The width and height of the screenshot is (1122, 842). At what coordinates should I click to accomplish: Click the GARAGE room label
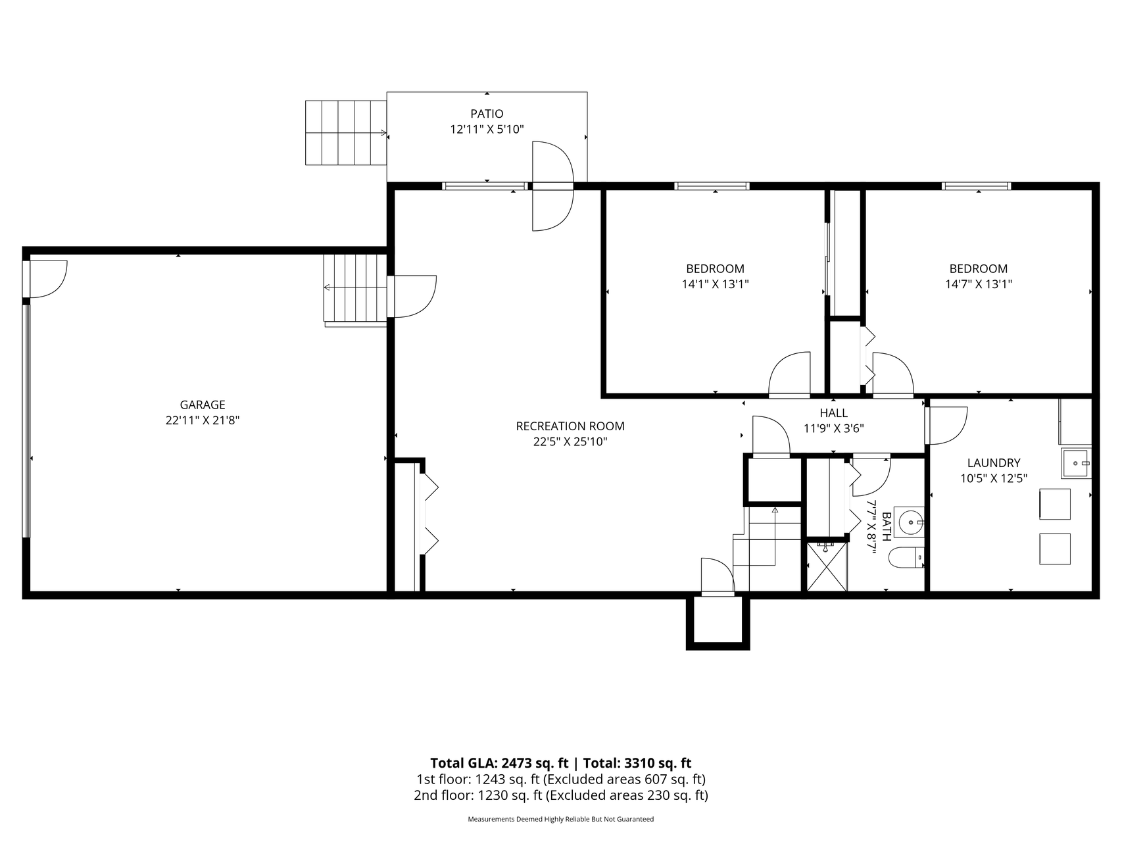(203, 405)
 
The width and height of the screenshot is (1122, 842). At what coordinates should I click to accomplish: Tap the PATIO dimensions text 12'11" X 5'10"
(487, 130)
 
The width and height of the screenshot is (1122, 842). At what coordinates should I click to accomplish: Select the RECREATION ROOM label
(570, 426)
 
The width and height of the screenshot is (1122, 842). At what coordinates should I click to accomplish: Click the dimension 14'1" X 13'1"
(715, 284)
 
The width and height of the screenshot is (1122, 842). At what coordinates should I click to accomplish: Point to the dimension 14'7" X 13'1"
(978, 284)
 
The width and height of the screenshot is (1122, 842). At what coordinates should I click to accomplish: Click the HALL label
(833, 413)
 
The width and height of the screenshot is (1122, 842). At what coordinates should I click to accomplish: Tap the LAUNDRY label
(993, 463)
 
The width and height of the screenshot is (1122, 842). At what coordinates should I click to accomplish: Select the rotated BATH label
(886, 526)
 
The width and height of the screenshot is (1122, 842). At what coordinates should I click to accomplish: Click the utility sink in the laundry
(1075, 463)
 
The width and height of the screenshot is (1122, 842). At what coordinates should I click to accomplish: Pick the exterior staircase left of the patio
(345, 133)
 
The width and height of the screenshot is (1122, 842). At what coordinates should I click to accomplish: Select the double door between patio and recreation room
(552, 186)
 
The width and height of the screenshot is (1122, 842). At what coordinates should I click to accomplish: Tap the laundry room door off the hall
(946, 426)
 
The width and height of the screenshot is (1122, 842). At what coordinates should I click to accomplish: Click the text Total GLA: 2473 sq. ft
(499, 763)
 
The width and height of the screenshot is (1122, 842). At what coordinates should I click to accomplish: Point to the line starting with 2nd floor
(560, 795)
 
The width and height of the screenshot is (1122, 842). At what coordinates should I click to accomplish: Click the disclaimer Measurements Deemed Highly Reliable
(560, 820)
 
